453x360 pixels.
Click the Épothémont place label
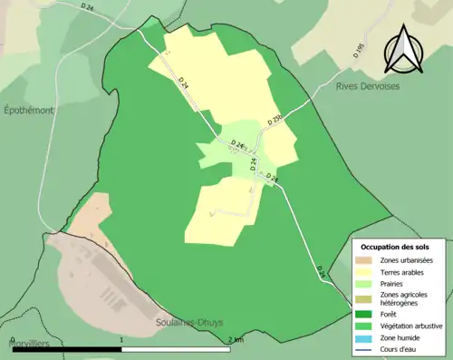pyautogui.click(x=28, y=110)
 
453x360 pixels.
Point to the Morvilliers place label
pyautogui.click(x=24, y=345)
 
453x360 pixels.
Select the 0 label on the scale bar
pyautogui.click(x=12, y=340)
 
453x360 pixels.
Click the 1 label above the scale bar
pyautogui.click(x=122, y=340)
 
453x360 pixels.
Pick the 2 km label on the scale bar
pyautogui.click(x=236, y=340)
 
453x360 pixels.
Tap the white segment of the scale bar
pyautogui.click(x=178, y=349)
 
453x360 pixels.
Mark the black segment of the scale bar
pyautogui.click(x=67, y=349)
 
